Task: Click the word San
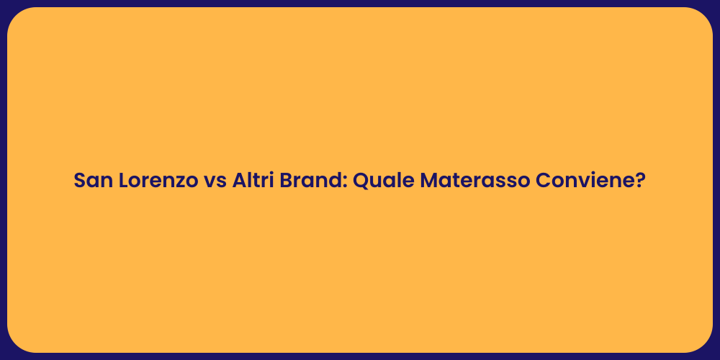[91, 181]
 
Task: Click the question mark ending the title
[640, 181]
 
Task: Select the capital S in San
[80, 181]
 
